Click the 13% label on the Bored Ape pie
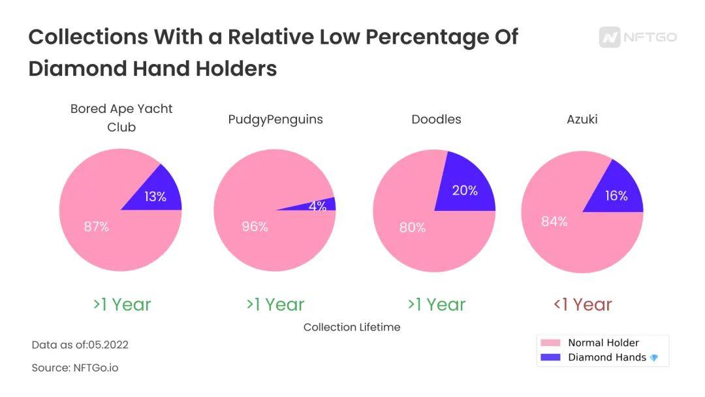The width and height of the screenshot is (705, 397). (155, 197)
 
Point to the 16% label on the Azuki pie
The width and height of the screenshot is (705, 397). (616, 196)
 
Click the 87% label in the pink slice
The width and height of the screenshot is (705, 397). (97, 227)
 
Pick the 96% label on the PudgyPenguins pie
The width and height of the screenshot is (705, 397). (255, 227)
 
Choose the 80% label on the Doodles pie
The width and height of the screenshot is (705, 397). (413, 227)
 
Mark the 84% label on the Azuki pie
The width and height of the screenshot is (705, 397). (554, 221)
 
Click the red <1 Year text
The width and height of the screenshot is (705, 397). (582, 304)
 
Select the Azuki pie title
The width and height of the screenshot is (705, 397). (582, 119)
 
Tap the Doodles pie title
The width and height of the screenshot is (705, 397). (436, 119)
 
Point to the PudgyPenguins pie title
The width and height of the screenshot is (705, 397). (275, 119)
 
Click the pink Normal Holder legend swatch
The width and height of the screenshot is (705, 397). (550, 343)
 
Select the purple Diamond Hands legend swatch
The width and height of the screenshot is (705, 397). (550, 358)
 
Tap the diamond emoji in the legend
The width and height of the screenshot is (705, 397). (654, 358)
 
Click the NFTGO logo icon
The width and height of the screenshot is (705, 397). (610, 37)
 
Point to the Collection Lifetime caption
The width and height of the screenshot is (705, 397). (352, 327)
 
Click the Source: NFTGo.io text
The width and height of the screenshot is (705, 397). (75, 368)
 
